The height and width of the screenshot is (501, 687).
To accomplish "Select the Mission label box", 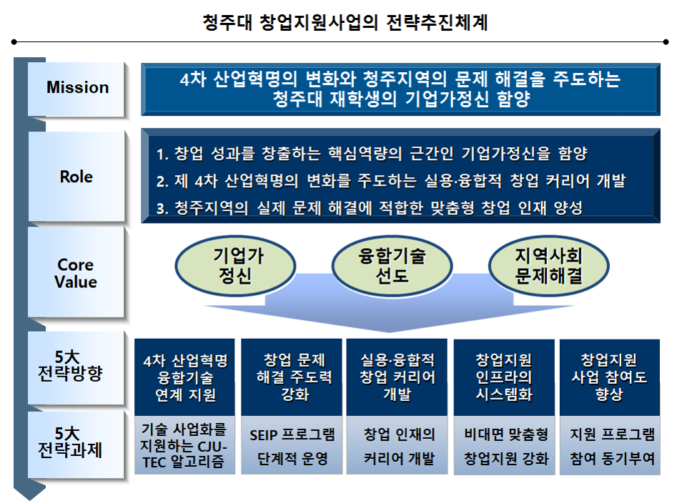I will pyautogui.click(x=77, y=88).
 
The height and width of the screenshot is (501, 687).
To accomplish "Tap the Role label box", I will pyautogui.click(x=77, y=176).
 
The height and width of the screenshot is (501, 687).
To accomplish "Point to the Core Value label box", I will pyautogui.click(x=77, y=273).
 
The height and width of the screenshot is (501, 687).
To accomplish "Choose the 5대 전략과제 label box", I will pyautogui.click(x=77, y=442).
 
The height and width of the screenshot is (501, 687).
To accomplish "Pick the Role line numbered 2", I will pyautogui.click(x=390, y=181).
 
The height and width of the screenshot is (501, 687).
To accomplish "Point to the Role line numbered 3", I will pyautogui.click(x=369, y=208).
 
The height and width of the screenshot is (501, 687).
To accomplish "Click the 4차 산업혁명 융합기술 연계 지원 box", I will pyautogui.click(x=185, y=377).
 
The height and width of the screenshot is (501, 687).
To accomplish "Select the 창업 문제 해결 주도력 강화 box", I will pyautogui.click(x=292, y=377).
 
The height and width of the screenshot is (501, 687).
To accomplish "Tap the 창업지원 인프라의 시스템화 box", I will pyautogui.click(x=504, y=377).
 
